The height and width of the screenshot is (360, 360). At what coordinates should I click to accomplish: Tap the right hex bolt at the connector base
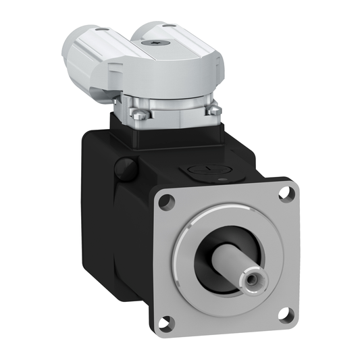[x=213, y=109]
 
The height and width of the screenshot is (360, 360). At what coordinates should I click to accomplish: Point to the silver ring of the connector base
[x=176, y=108]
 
